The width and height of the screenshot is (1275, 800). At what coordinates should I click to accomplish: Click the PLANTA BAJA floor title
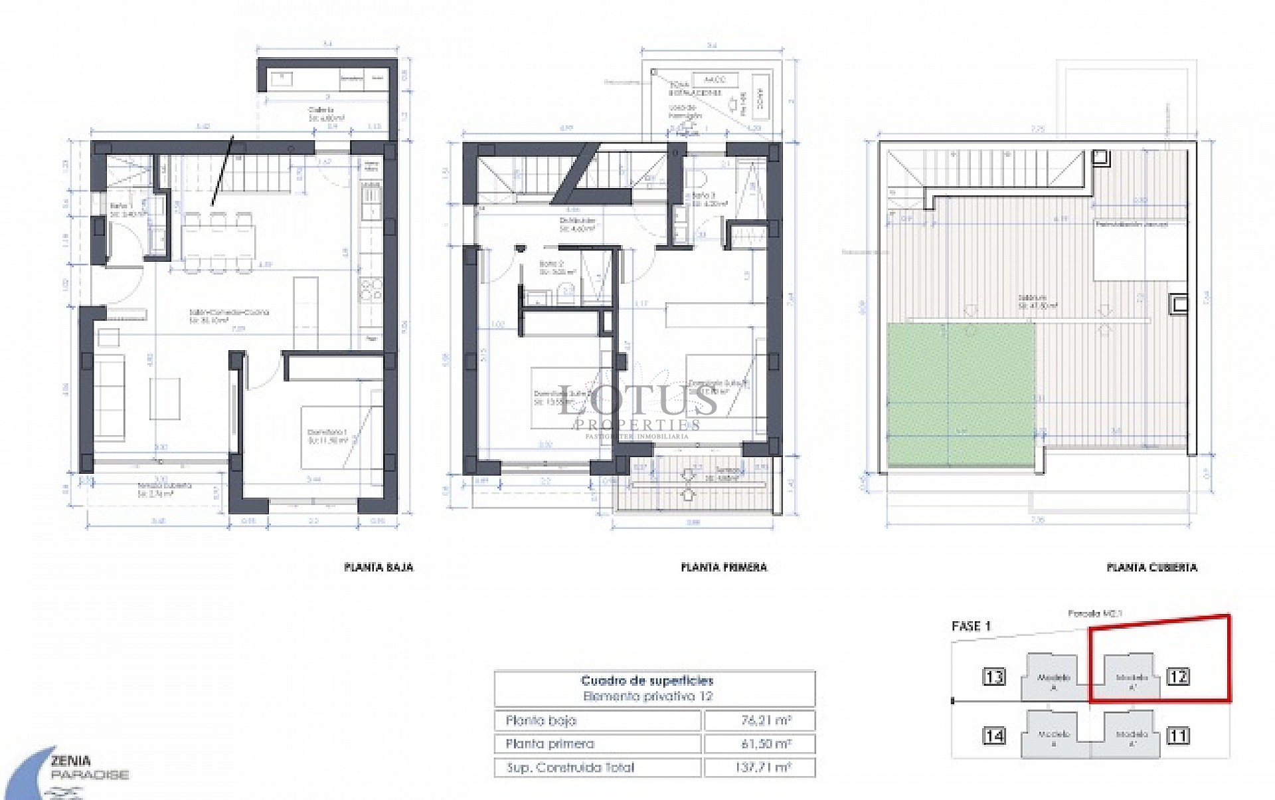[379, 567]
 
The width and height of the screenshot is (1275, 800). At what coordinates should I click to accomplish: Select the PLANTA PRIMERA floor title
[724, 567]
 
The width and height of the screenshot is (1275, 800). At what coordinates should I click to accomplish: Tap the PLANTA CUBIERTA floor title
[1151, 567]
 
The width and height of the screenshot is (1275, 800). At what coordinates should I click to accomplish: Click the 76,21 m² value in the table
[760, 720]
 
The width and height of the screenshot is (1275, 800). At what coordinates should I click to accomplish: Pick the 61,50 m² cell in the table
[760, 744]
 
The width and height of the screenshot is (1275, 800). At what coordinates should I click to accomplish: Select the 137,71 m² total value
[760, 767]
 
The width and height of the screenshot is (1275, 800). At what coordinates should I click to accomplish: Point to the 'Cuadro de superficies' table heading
[647, 680]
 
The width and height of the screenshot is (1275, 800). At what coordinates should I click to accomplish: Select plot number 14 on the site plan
[994, 736]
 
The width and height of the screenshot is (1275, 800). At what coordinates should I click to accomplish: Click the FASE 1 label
[971, 626]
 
